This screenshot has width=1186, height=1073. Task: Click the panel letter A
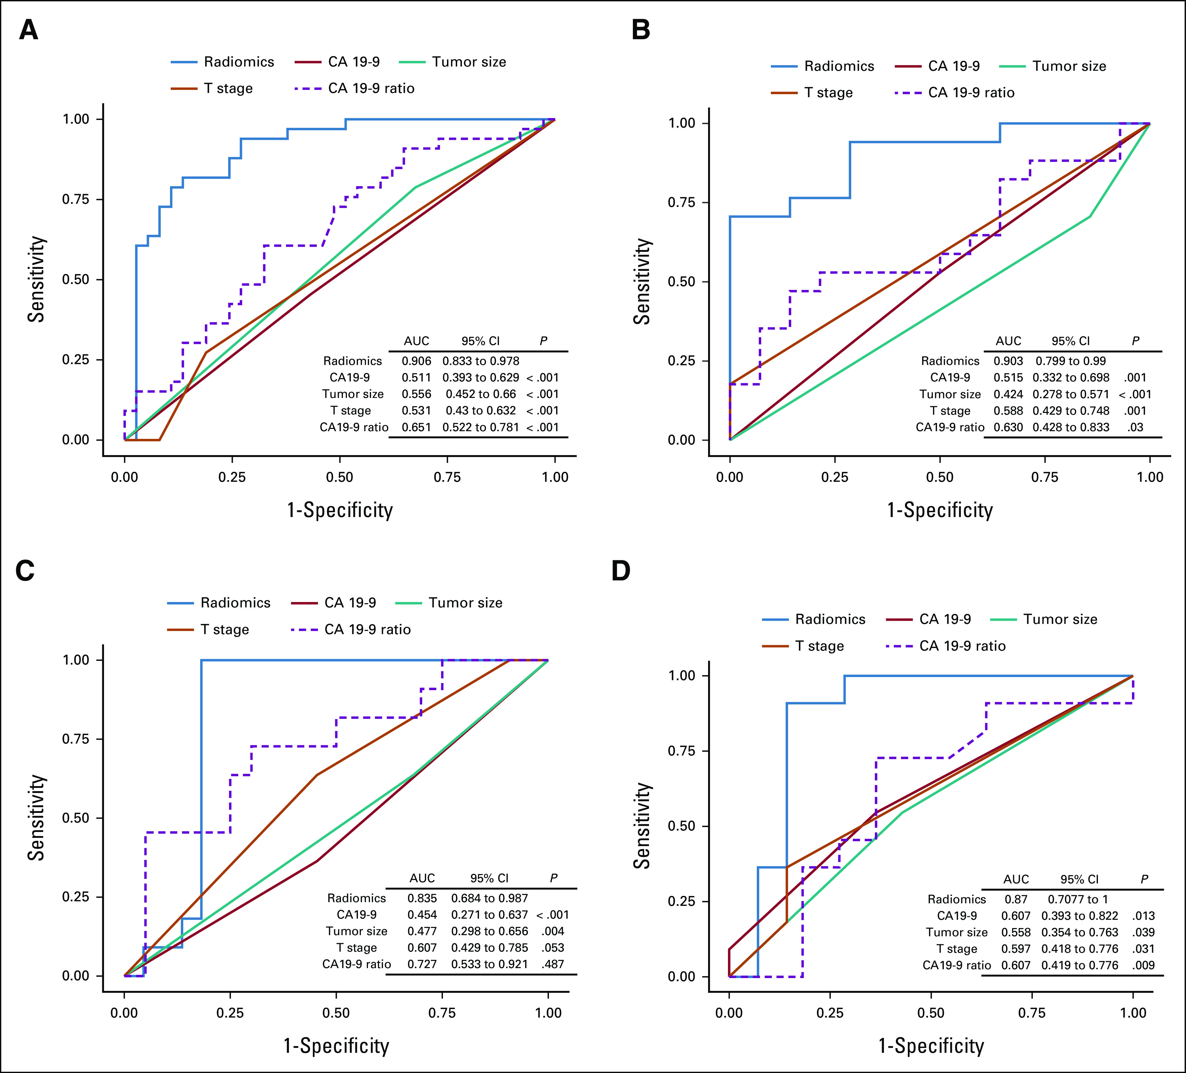tap(28, 30)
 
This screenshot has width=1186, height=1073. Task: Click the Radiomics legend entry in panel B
tap(839, 66)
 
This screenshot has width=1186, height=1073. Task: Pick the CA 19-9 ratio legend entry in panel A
tap(371, 88)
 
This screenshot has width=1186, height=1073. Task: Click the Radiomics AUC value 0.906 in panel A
tap(417, 361)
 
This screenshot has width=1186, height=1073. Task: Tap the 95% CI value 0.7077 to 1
tap(1078, 899)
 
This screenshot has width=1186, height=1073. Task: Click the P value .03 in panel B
tap(1135, 427)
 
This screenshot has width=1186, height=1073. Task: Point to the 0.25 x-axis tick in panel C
tap(230, 1013)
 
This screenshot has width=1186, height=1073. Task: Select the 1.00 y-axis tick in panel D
tap(682, 676)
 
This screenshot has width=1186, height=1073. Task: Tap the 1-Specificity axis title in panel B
tap(939, 510)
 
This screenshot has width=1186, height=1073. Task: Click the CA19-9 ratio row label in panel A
tap(353, 427)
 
